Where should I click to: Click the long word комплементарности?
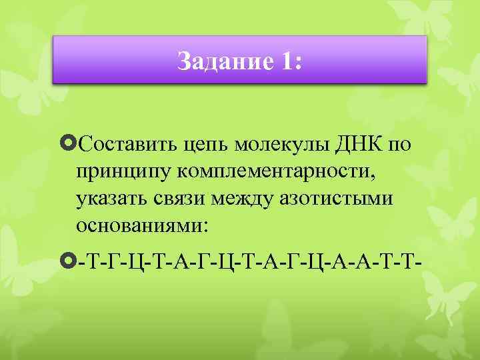276,171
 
